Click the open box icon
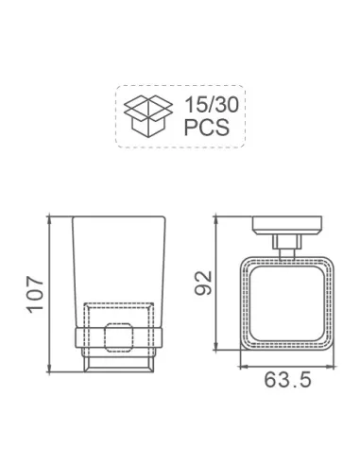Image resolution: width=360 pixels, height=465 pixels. pos(147,116)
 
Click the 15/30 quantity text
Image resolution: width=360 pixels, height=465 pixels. pos(212,105)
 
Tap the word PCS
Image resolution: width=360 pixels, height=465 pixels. pos(206,128)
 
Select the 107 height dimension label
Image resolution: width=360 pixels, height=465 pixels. pos(35,295)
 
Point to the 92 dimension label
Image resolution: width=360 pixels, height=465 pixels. pos(203,283)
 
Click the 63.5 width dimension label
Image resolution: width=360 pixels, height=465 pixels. pos(287,380)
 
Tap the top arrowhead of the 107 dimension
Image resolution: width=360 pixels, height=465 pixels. pos(49,219)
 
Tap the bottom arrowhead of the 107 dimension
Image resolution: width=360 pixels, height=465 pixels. pos(49,369)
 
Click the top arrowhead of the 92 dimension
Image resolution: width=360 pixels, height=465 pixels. pos(215,220)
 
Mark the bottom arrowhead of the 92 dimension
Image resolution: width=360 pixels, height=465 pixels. pos(215,346)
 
